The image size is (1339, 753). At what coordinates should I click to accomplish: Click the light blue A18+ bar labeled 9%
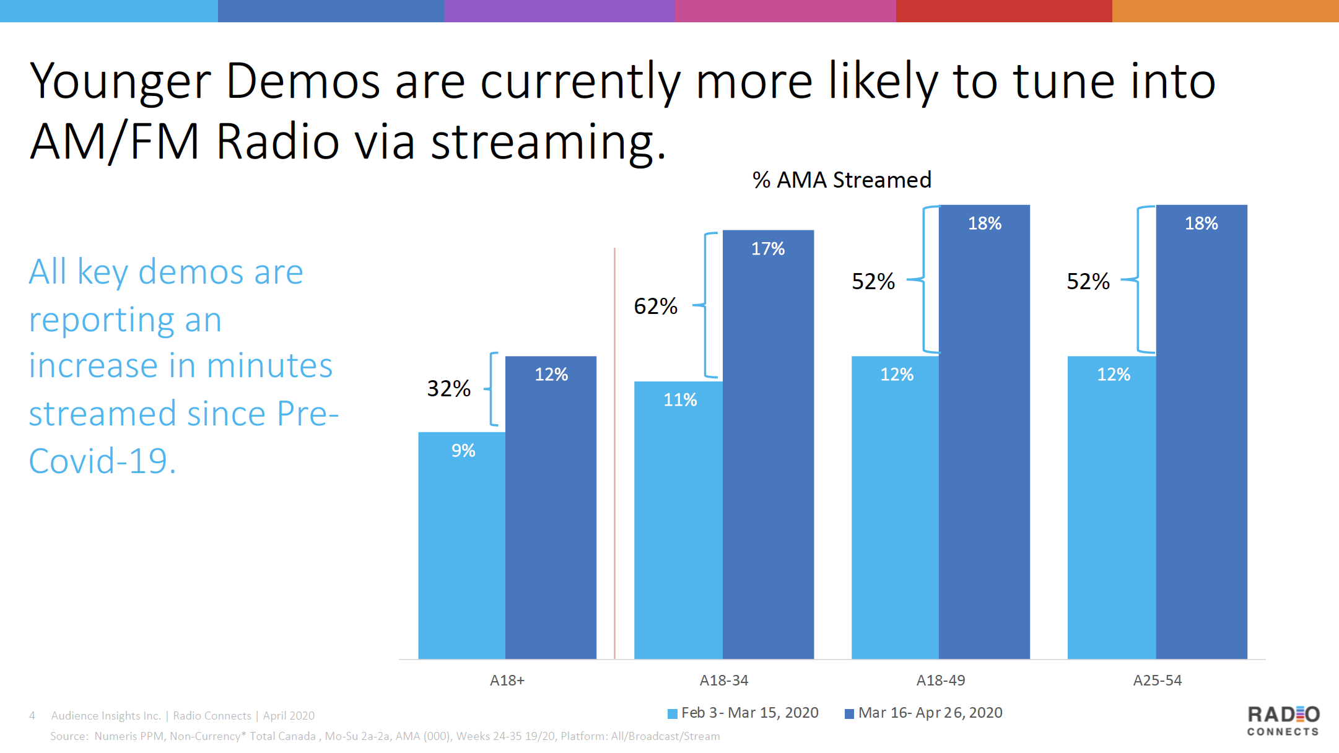click(x=462, y=545)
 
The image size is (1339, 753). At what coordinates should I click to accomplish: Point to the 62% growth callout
click(x=655, y=306)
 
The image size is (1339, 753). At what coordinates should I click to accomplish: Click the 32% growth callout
click(x=448, y=388)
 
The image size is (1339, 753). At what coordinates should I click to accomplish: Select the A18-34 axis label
click(x=723, y=680)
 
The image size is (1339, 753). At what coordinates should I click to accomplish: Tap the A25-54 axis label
click(x=1157, y=680)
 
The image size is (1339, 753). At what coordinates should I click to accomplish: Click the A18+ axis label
click(x=507, y=680)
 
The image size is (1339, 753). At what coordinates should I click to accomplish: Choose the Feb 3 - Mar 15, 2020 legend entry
click(x=743, y=713)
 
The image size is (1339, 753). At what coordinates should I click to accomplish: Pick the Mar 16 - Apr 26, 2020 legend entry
click(x=924, y=713)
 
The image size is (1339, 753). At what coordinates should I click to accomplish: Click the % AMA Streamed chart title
click(x=842, y=180)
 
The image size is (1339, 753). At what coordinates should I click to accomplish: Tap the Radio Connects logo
click(x=1283, y=721)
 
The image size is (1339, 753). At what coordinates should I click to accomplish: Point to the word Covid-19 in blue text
click(x=102, y=461)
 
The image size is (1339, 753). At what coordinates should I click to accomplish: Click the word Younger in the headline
click(x=120, y=82)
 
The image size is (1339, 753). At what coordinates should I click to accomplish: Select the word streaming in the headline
click(x=547, y=142)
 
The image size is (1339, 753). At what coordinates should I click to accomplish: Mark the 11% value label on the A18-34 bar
click(x=680, y=400)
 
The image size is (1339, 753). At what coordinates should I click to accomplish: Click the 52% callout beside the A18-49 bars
click(x=873, y=281)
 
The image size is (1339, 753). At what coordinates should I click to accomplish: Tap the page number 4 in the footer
click(x=32, y=716)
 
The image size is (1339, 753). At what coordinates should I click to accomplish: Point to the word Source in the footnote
click(x=69, y=736)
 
